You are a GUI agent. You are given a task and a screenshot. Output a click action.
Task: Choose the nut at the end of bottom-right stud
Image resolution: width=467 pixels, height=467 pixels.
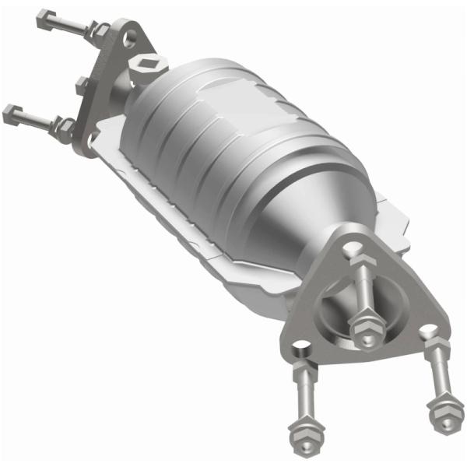(x=444, y=410)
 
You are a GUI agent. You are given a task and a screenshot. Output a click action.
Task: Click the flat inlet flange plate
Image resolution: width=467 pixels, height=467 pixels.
(x=109, y=86)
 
